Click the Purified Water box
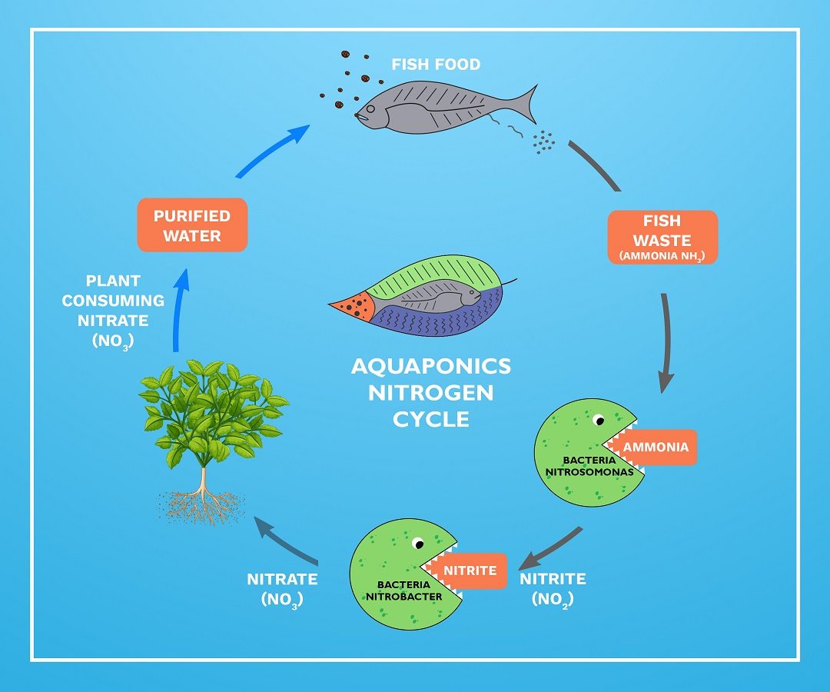192,225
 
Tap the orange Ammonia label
655,447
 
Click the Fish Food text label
436,65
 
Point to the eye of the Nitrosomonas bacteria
597,421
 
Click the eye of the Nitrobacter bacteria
418,544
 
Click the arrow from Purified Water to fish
273,150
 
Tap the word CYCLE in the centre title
430,420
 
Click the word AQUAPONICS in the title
430,366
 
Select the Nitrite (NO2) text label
553,587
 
